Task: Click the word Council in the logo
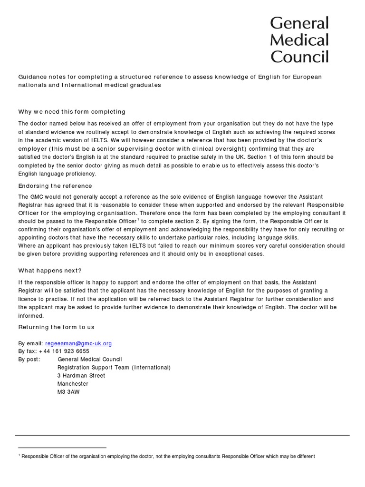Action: tap(299, 57)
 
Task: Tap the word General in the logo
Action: tap(299, 23)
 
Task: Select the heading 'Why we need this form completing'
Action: tap(72, 112)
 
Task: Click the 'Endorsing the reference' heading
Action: tap(55, 186)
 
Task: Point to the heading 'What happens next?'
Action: tap(50, 271)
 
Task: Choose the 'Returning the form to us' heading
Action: tap(56, 327)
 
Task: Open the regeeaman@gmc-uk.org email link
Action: tap(78, 343)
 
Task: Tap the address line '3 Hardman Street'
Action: tap(81, 376)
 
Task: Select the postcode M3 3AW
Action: tap(68, 392)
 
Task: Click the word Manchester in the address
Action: tap(73, 384)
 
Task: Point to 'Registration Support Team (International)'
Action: tap(114, 368)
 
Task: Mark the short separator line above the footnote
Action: tap(62, 448)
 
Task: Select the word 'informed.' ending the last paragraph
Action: tap(31, 316)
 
